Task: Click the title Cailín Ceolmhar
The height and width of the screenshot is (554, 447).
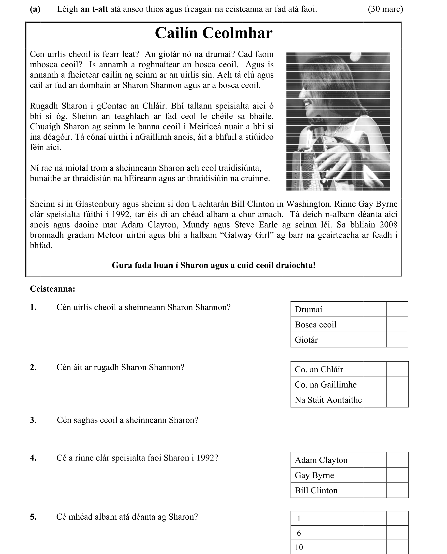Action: click(x=213, y=33)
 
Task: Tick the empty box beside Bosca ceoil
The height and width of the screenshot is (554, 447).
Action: click(x=397, y=324)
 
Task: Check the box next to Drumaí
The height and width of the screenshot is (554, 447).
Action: click(x=397, y=309)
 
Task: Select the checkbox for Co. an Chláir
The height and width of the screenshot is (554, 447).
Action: click(x=397, y=369)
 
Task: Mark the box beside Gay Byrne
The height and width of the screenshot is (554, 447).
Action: click(x=397, y=475)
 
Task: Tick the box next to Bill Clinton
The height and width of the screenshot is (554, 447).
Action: click(x=397, y=490)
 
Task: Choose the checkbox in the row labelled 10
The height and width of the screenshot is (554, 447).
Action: click(x=397, y=547)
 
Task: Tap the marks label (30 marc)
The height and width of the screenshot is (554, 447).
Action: click(x=385, y=9)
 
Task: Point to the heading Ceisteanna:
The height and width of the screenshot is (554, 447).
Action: click(x=53, y=289)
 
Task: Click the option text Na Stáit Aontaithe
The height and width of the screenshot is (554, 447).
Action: click(x=328, y=400)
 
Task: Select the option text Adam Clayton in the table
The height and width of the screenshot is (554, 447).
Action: click(x=321, y=460)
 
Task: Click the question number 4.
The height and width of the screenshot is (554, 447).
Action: click(x=33, y=458)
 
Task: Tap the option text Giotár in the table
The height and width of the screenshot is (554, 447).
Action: click(x=306, y=340)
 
